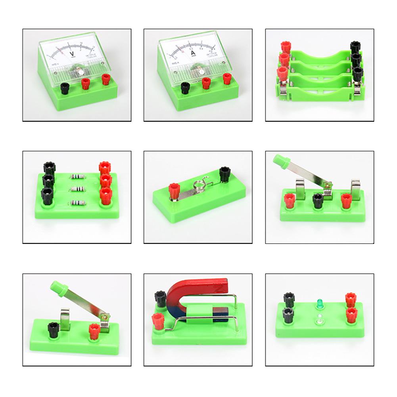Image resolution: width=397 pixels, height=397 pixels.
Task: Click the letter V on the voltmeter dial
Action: (x=72, y=54)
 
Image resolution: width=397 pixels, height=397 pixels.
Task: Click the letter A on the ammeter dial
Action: (x=194, y=54)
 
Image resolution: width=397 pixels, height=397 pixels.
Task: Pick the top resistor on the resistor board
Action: (x=76, y=176)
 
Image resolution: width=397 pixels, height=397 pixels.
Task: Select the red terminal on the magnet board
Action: (x=158, y=318)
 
